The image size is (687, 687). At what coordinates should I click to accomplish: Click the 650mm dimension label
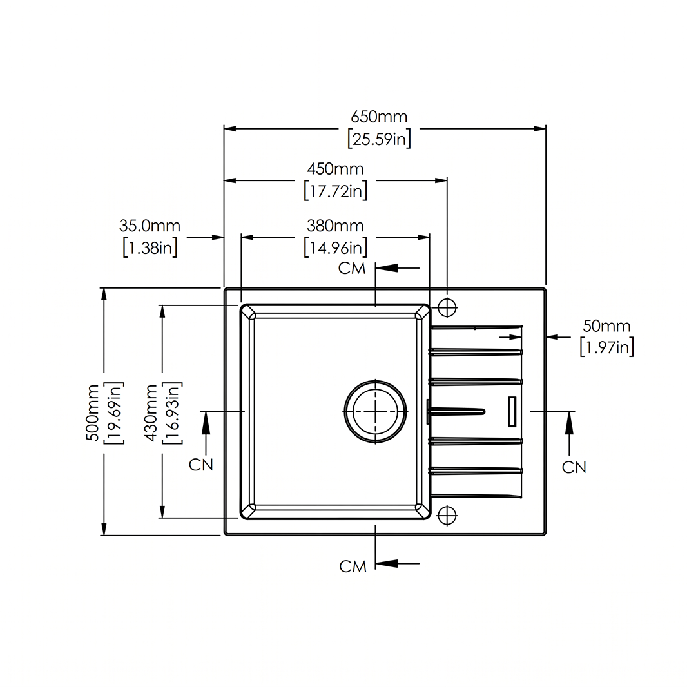[379, 117]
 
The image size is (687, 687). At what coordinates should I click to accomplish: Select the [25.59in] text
[380, 139]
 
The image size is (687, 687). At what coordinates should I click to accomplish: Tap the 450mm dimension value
[335, 169]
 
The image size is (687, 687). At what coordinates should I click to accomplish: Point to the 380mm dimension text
[335, 226]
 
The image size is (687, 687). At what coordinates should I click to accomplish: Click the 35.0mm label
[150, 226]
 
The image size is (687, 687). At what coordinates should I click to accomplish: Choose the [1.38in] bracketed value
[150, 248]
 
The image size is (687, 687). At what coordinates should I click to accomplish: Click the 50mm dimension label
[606, 326]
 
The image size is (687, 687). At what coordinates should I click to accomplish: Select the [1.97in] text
[607, 347]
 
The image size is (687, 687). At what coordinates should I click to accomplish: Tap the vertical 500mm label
[93, 412]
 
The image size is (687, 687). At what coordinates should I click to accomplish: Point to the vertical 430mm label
[151, 412]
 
